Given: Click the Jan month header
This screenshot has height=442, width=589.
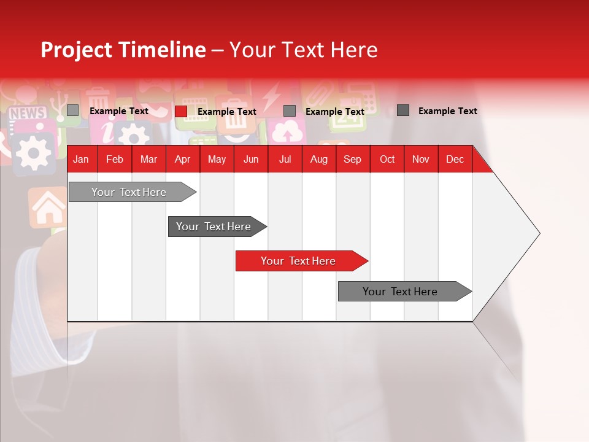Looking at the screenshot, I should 81,159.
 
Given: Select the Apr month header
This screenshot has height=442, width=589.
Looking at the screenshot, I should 182,159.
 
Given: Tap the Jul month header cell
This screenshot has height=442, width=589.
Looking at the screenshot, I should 285,159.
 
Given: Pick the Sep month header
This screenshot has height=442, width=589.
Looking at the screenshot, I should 352,159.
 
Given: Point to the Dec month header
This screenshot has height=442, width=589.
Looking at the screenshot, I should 455,159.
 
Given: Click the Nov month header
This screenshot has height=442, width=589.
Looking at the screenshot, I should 420,159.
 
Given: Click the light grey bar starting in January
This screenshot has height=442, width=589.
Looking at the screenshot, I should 129,192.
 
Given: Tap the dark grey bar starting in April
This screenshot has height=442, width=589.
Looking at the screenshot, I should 214,227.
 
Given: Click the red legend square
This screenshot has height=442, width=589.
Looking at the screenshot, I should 180,111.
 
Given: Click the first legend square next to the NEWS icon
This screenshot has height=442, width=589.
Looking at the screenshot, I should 72,110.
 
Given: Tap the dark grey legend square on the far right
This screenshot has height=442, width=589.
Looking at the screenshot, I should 403,110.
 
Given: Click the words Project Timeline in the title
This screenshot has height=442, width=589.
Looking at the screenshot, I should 123,50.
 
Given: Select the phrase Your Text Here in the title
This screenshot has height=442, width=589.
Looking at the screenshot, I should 303,50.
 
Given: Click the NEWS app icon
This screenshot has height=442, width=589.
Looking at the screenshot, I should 27,113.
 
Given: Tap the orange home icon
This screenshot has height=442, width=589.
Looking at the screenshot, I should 48,207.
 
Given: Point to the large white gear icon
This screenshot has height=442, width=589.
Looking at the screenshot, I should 32,151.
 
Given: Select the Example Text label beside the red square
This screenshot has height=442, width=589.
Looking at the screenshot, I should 226,112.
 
